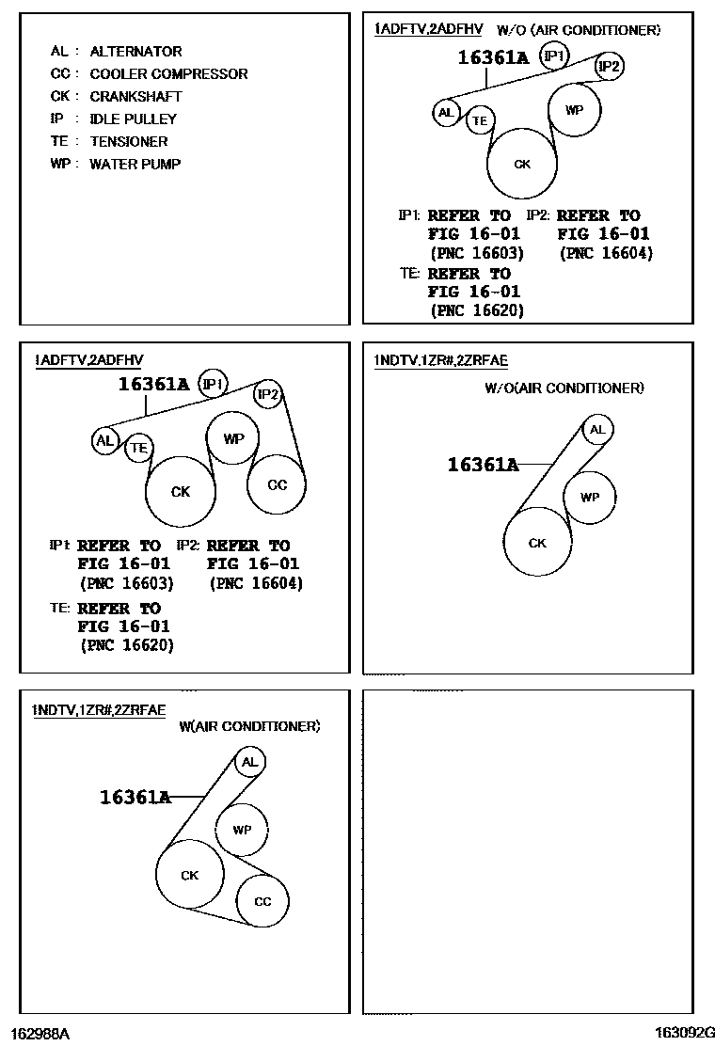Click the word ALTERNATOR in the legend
(135, 52)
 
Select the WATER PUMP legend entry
(135, 165)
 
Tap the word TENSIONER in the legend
(128, 142)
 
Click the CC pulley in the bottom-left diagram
(262, 901)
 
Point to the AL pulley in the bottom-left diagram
(249, 762)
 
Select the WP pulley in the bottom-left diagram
(242, 830)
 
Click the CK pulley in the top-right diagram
(522, 165)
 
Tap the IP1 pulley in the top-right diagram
(555, 57)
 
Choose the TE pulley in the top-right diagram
(480, 119)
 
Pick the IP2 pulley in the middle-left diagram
(268, 395)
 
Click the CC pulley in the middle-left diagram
(277, 485)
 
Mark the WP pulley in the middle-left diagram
(233, 439)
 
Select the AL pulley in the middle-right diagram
(596, 431)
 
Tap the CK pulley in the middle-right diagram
(537, 543)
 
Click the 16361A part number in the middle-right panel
(483, 465)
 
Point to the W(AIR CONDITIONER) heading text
(249, 726)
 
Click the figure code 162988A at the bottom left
(40, 1034)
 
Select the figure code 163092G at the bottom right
(686, 1033)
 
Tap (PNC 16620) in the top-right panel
(476, 310)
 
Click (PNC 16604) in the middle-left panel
(255, 583)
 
